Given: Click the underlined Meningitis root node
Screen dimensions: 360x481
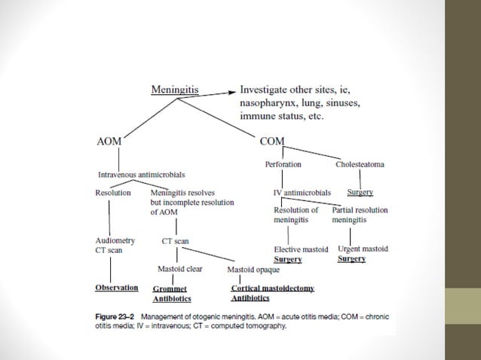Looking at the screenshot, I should [x=176, y=90].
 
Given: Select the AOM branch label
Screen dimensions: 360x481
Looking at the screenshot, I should [x=109, y=141].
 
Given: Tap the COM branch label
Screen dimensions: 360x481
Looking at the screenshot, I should [x=271, y=141].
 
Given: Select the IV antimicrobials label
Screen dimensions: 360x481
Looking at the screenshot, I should [x=302, y=193].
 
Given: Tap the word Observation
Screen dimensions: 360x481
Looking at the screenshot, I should [x=117, y=288].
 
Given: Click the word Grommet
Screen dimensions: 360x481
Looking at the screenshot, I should [x=169, y=288].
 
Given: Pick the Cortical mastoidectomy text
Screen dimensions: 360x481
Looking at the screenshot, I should [x=272, y=288].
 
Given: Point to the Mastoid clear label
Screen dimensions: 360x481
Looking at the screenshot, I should [x=179, y=269].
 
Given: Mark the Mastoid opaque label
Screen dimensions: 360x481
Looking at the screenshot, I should [x=253, y=270].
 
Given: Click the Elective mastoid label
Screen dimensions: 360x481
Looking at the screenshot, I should [x=300, y=249].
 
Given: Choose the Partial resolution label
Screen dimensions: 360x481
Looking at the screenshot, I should [x=360, y=210].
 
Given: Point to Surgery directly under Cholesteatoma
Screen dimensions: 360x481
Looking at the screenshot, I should [x=360, y=193].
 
